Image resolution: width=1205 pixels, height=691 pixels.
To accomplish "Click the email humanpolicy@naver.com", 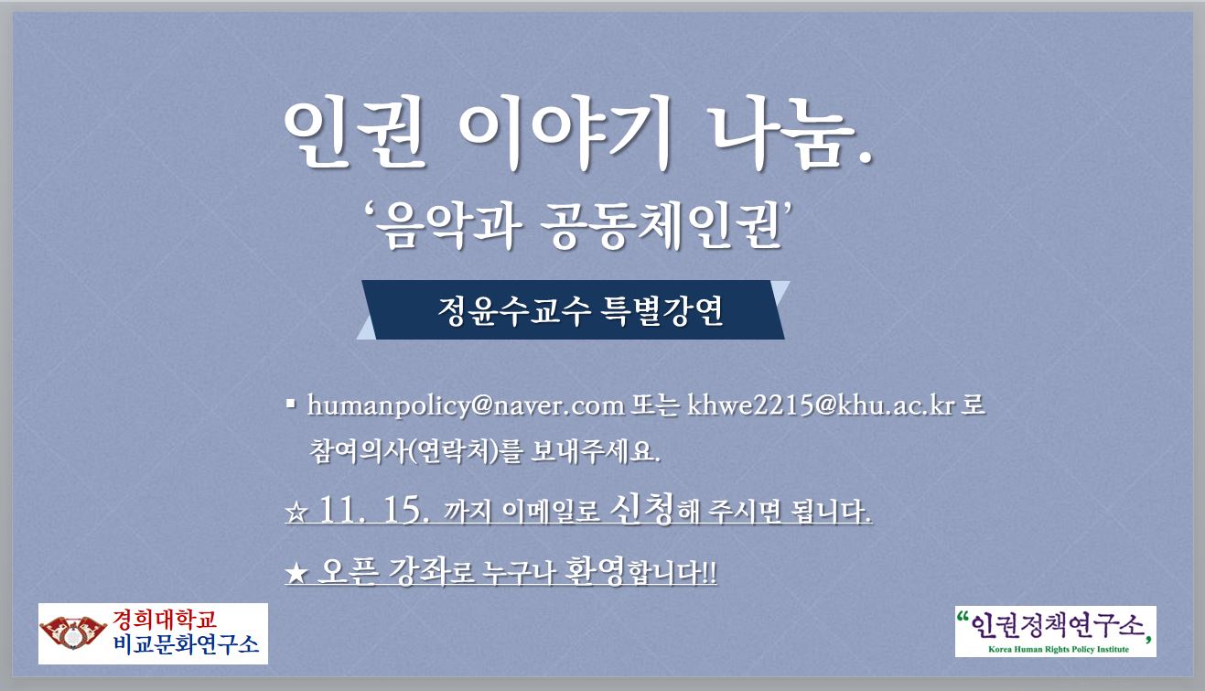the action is pos(466,405).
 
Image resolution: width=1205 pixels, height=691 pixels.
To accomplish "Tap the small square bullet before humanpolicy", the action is pos(291,403).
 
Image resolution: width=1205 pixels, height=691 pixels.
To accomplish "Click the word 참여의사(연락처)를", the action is pos(415,451).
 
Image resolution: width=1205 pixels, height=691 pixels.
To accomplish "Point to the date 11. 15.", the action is pos(374,509).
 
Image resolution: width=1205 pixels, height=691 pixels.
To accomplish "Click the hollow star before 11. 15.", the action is pos(296,513).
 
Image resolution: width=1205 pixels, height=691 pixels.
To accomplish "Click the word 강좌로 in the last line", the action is pos(431,571).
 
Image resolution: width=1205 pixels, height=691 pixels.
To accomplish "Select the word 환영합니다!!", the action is pos(640,571).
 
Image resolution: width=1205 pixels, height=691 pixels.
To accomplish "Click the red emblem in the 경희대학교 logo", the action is pos(73,632).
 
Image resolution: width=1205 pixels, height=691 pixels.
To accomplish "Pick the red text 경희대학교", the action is pos(165,620).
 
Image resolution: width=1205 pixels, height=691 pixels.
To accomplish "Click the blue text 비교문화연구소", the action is pos(186,644).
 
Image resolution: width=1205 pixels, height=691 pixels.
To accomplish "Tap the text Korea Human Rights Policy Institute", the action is pos(1058,649).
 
